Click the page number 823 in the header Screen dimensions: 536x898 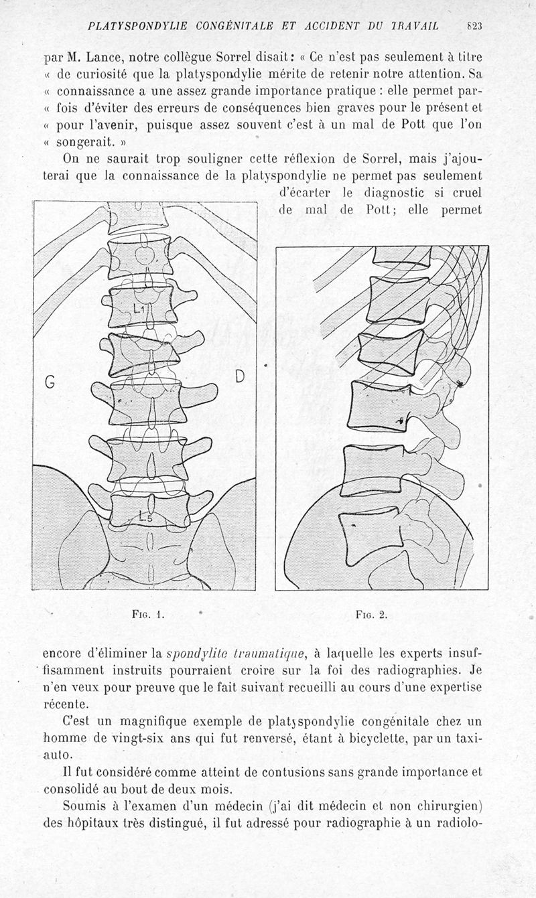[x=474, y=27]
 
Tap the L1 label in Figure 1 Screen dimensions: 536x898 [x=139, y=308]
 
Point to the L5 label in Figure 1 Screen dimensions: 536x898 [x=145, y=518]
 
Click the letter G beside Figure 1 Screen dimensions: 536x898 [x=50, y=383]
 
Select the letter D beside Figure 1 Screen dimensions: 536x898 [x=240, y=377]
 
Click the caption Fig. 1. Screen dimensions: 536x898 [x=149, y=615]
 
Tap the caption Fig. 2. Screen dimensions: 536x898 [x=371, y=615]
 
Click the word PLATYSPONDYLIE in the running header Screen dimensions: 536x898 [x=137, y=27]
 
